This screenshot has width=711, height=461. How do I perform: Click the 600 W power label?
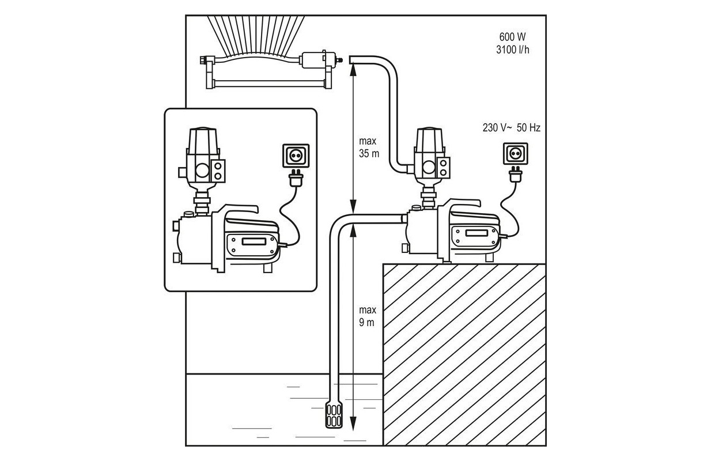click(x=512, y=37)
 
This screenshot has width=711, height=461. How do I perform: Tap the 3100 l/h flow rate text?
click(x=513, y=50)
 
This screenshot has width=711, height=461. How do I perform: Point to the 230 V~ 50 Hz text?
click(x=511, y=127)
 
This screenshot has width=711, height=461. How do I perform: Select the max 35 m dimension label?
click(x=369, y=148)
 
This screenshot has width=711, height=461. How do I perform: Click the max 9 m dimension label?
click(x=367, y=316)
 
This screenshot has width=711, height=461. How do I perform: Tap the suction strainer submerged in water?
click(x=334, y=414)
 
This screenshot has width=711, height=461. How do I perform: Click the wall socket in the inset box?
click(x=296, y=156)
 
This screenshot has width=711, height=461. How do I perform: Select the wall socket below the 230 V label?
click(x=516, y=154)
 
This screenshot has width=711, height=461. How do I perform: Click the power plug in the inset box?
click(x=296, y=177)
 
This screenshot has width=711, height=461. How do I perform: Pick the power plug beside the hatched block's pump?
click(x=516, y=174)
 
